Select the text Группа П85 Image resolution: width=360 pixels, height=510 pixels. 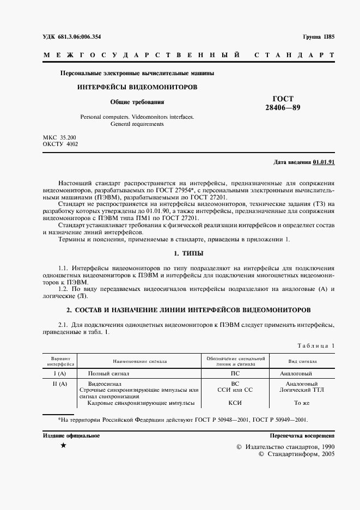tap(318, 37)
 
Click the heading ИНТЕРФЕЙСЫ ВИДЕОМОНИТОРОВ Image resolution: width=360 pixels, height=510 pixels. tap(137, 87)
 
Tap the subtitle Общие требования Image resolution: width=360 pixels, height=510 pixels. tap(137, 101)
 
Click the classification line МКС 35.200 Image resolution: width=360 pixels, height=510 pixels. tap(59, 137)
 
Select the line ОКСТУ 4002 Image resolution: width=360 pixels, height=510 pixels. tap(60, 144)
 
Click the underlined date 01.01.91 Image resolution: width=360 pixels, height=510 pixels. tap(324, 162)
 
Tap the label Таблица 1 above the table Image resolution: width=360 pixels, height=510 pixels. tap(316, 345)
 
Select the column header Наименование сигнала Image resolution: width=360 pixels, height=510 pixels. tap(140, 361)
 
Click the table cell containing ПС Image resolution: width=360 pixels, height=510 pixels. tap(235, 374)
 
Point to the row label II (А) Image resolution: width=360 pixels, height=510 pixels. tap(59, 384)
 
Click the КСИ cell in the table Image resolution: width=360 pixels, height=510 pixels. tap(235, 403)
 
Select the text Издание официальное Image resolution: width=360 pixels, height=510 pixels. tap(71, 436)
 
